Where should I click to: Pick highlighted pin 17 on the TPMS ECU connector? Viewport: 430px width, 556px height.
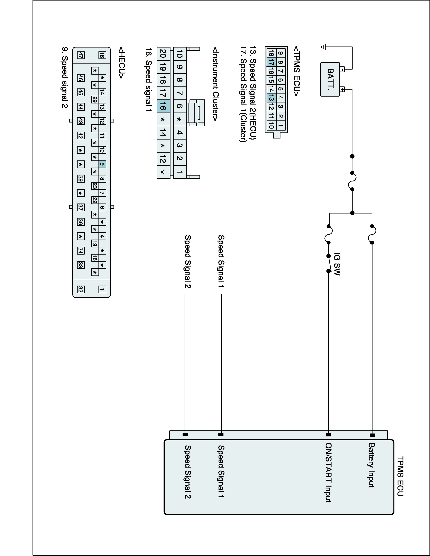(x=271, y=62)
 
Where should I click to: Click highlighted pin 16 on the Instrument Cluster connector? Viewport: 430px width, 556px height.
(x=163, y=106)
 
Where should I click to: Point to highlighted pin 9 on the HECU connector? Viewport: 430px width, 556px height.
(x=102, y=164)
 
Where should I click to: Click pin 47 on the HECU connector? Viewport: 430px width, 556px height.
(x=81, y=55)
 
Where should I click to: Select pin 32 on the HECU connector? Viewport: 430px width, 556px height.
(x=81, y=289)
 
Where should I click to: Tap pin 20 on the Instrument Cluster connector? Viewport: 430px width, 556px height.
(x=163, y=54)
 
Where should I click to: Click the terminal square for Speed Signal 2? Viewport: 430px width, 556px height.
(x=185, y=435)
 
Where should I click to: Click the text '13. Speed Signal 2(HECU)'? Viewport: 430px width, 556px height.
(x=252, y=93)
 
